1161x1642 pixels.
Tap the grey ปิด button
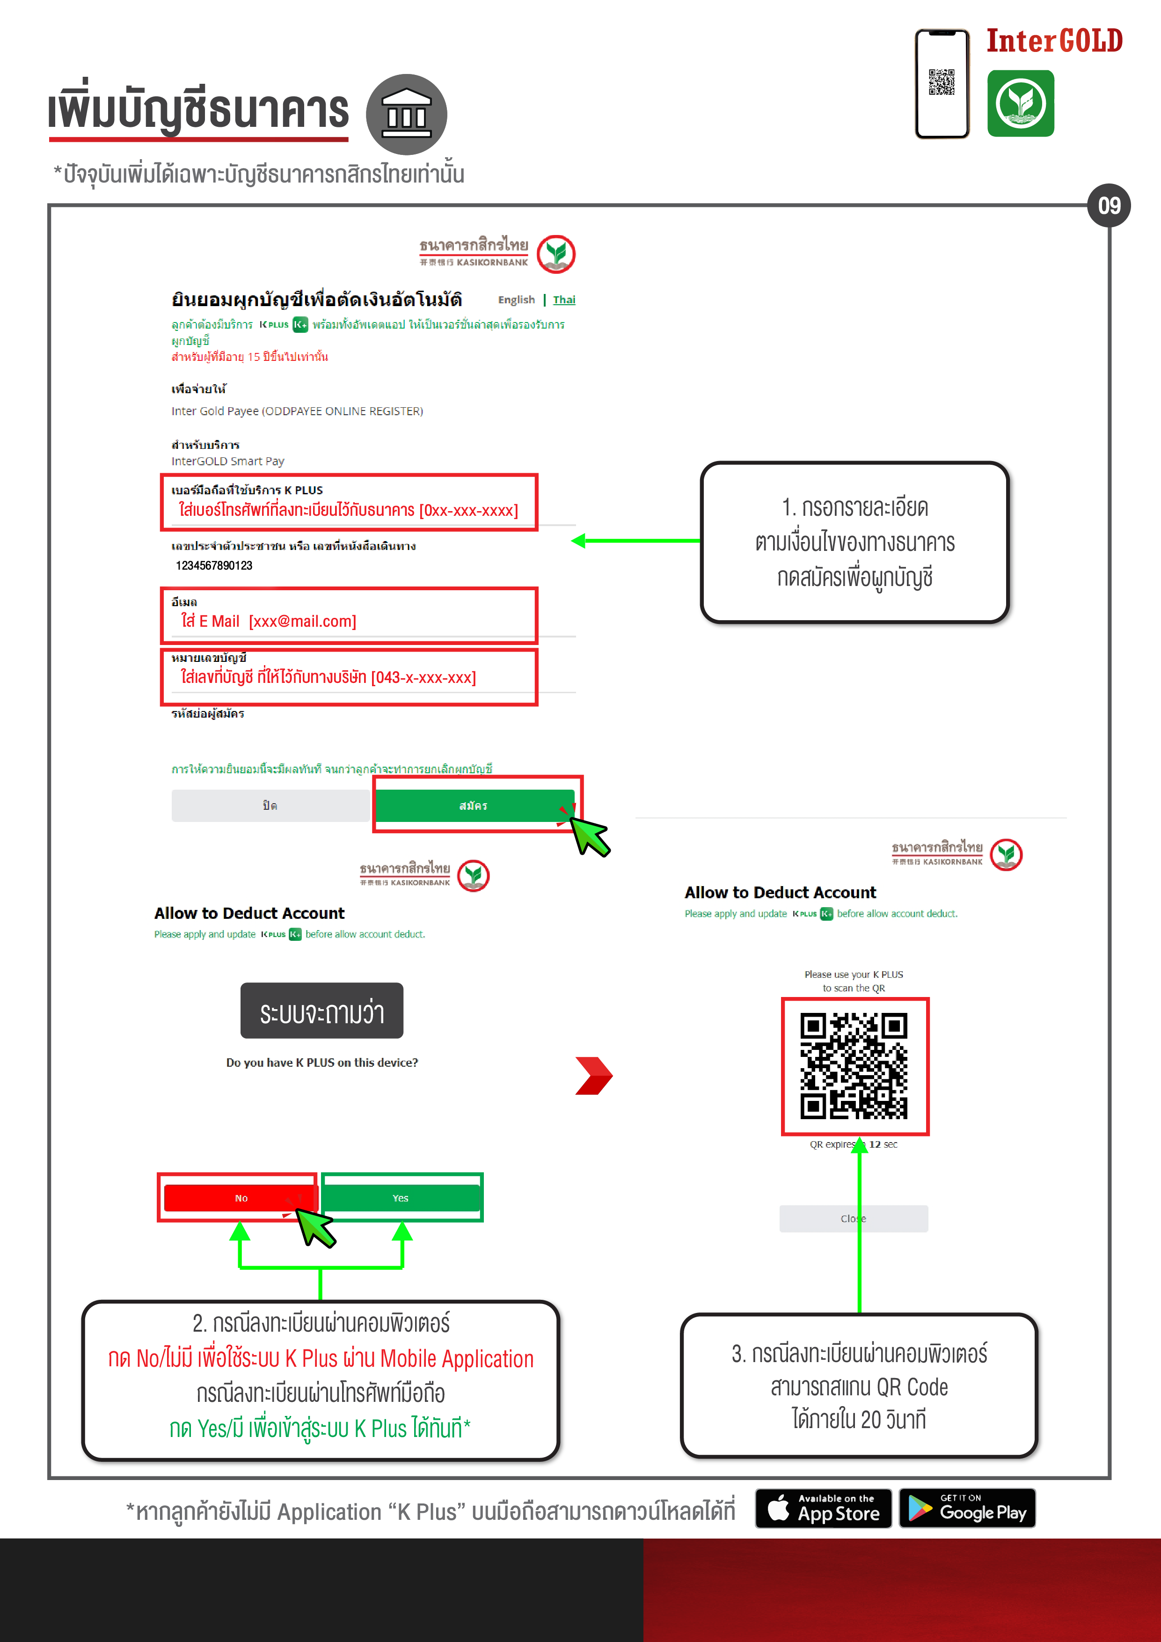click(270, 805)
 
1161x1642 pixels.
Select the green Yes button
click(401, 1198)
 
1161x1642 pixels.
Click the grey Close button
click(854, 1218)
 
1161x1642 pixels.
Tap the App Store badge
click(824, 1508)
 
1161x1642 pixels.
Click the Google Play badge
click(967, 1508)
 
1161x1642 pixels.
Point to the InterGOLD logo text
click(1054, 41)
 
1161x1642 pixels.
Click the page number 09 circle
click(1109, 206)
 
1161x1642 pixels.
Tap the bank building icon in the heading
click(406, 114)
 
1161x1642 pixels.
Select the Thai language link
click(564, 300)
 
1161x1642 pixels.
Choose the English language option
click(516, 300)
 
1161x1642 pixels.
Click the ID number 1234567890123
click(214, 566)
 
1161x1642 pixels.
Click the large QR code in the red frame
click(854, 1066)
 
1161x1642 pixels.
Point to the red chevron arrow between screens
click(594, 1076)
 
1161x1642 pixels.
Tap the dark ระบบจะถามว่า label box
click(321, 1011)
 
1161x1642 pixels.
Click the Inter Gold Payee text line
click(298, 411)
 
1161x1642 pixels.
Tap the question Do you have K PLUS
click(322, 1063)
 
